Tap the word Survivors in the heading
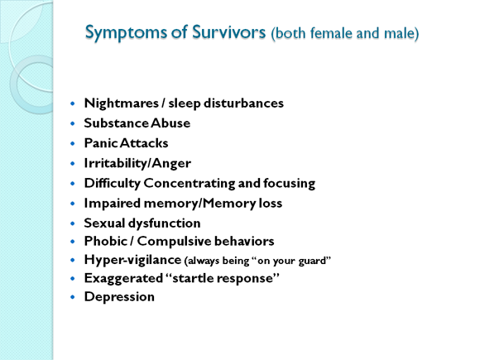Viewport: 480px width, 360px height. click(228, 31)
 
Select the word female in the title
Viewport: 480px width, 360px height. click(332, 33)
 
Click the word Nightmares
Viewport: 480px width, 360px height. click(121, 103)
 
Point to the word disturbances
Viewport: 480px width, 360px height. click(243, 103)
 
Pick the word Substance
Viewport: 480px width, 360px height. click(116, 123)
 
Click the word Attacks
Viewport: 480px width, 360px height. click(144, 143)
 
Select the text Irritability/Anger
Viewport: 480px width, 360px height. click(137, 163)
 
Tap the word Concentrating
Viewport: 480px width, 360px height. click(190, 184)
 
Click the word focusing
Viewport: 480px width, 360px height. click(290, 184)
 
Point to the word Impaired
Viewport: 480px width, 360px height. click(112, 204)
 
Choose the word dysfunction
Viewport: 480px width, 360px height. click(165, 223)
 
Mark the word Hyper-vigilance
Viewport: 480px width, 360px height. click(132, 260)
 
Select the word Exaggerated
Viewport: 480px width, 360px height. click(123, 278)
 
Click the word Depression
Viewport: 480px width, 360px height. click(119, 297)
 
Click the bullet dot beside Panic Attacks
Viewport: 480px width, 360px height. click(73, 143)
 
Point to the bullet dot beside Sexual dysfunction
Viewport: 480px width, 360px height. click(73, 223)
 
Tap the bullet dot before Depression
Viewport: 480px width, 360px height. click(73, 297)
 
